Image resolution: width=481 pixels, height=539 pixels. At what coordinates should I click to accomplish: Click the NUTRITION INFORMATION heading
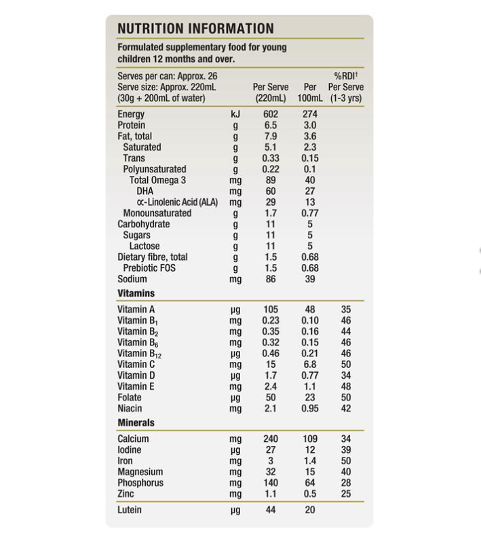[x=195, y=29]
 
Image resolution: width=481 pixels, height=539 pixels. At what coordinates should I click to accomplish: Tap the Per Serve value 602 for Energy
[x=271, y=114]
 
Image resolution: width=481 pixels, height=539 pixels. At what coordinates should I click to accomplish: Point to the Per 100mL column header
[x=310, y=92]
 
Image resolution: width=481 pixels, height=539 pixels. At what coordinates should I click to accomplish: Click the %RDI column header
[x=346, y=87]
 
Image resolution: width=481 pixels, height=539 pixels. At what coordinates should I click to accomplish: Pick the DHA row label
[x=145, y=191]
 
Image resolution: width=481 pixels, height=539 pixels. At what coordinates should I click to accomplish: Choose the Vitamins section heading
[x=136, y=293]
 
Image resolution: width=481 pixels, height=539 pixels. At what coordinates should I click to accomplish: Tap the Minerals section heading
[x=136, y=422]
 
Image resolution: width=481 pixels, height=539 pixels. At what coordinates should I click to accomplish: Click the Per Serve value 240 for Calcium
[x=271, y=439]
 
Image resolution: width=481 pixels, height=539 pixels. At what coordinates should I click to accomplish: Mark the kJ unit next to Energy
[x=235, y=114]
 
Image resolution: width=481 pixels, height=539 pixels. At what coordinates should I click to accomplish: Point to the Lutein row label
[x=130, y=510]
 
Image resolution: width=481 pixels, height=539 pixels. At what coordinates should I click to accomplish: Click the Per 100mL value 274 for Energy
[x=309, y=114]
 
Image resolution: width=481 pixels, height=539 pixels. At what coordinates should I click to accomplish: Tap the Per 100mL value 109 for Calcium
[x=309, y=439]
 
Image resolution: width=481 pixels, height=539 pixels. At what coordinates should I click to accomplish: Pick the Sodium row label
[x=132, y=279]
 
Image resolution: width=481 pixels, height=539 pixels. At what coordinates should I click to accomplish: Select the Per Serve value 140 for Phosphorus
[x=271, y=483]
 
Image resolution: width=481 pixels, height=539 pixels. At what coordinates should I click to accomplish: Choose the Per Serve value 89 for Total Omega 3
[x=271, y=180]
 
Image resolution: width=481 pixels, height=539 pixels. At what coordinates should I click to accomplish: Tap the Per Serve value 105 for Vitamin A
[x=271, y=310]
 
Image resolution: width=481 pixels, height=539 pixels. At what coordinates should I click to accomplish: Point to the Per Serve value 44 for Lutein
[x=271, y=510]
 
